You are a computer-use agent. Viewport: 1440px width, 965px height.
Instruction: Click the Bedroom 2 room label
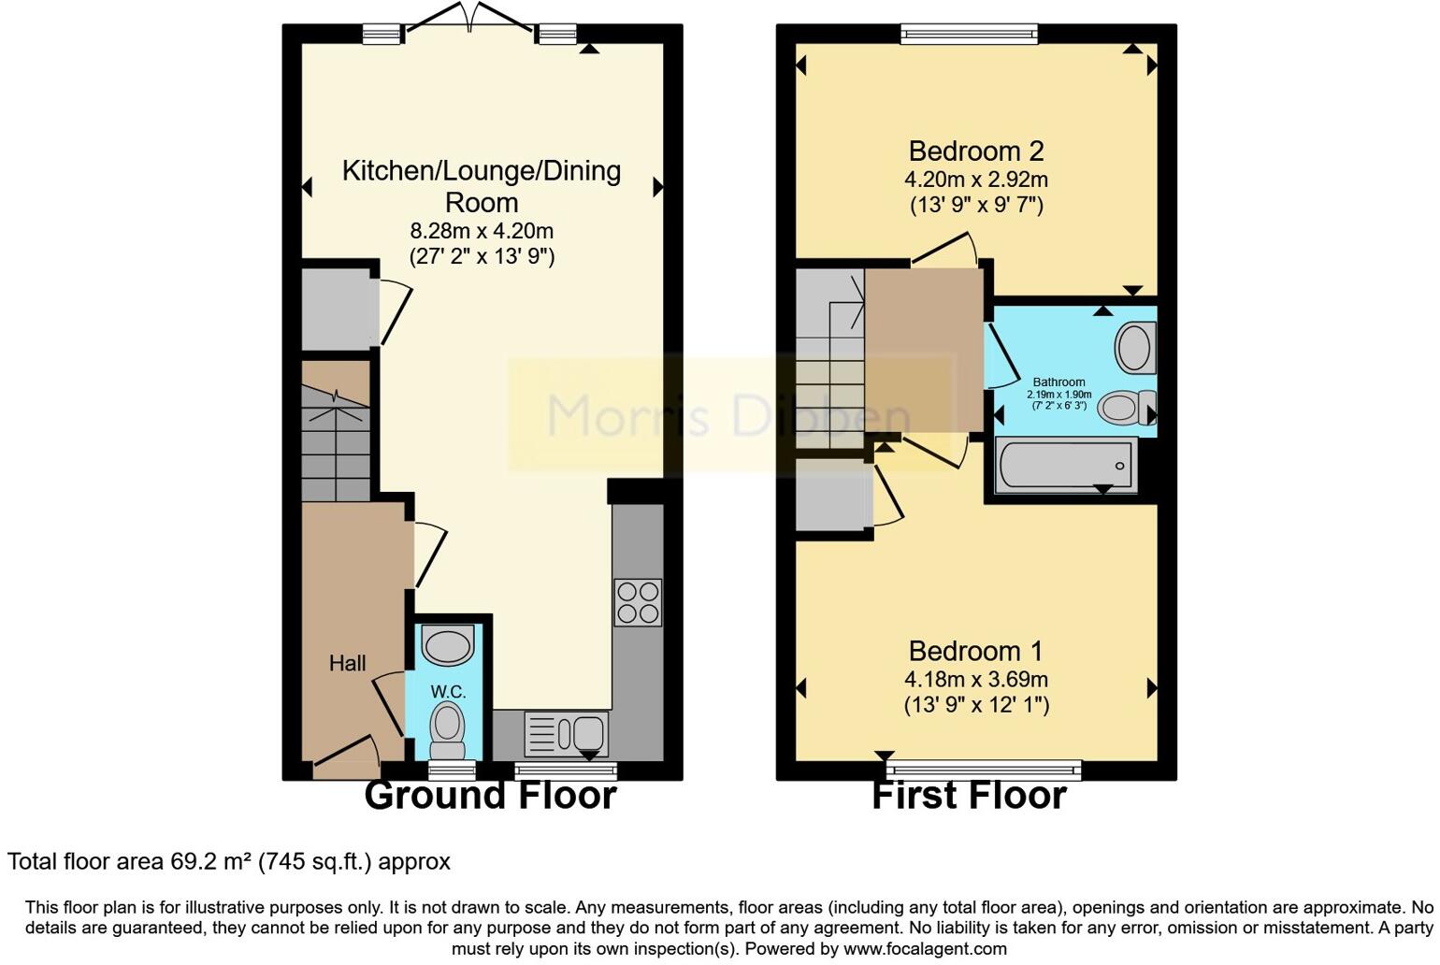975,151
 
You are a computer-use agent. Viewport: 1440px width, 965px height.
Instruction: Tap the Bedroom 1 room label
975,651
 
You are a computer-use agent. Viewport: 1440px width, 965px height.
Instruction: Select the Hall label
347,663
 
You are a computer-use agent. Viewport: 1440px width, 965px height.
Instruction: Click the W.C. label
448,692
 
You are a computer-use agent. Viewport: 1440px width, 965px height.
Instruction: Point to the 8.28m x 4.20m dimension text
482,231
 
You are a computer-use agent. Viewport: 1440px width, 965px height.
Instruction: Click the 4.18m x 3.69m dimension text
975,680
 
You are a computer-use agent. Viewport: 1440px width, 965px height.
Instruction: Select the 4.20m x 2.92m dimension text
975,180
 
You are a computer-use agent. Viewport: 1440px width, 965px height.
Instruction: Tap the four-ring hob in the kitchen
638,602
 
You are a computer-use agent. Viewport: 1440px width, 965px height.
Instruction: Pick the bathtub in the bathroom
1067,465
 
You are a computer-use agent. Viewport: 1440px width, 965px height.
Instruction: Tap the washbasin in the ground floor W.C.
448,645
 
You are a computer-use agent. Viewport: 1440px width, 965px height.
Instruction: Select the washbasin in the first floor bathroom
1135,347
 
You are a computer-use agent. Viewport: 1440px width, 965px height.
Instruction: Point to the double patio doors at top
471,19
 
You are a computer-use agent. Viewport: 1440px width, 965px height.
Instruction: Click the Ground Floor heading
490,796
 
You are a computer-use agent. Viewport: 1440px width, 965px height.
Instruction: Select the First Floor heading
969,796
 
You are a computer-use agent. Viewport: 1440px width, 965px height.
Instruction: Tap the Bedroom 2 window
969,35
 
